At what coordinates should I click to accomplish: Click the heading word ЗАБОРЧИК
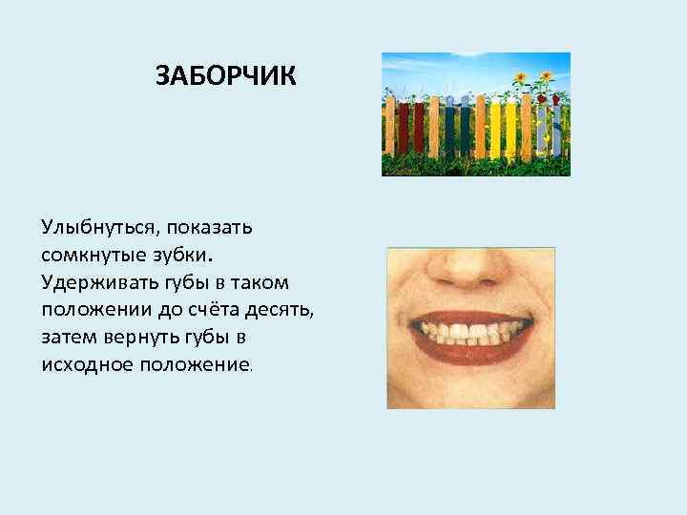coord(227,74)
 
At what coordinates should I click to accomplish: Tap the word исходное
coord(85,365)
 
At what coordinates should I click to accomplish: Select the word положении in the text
coord(89,311)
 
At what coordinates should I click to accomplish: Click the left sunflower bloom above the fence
coord(520,78)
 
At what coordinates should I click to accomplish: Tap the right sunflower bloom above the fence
coord(546,76)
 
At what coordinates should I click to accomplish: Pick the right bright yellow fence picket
coord(510,129)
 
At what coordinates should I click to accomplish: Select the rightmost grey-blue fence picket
coord(556,129)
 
